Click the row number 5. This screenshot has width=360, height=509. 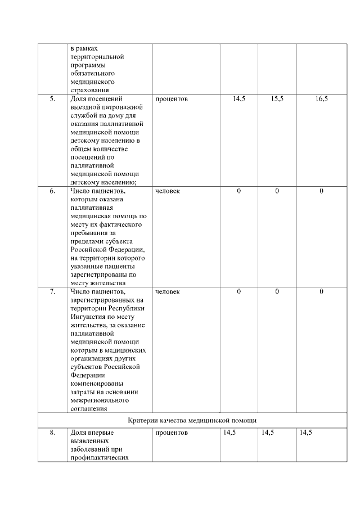pos(52,99)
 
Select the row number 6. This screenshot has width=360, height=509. pos(52,191)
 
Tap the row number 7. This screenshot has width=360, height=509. pos(52,291)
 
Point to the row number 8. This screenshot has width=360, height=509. pos(52,433)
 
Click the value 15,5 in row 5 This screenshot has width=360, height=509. pos(277,99)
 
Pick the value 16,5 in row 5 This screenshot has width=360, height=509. pos(321,99)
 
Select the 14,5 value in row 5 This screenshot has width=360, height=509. pos(238,99)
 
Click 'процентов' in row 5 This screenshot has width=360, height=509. pos(172,99)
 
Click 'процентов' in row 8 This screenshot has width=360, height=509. pos(172,433)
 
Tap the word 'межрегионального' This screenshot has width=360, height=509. pos(98,400)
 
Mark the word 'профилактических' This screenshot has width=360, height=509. pos(100,457)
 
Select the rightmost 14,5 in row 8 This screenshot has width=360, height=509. pos(306,433)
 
